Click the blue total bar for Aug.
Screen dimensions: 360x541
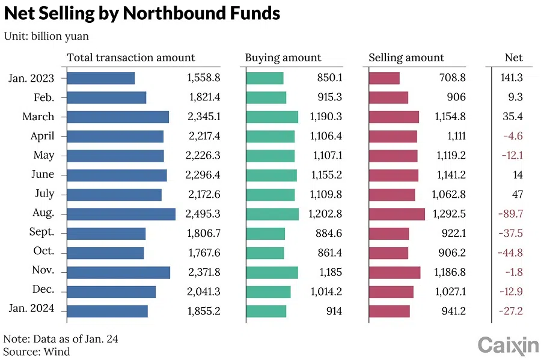click(x=121, y=213)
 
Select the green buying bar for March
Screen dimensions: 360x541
click(x=272, y=117)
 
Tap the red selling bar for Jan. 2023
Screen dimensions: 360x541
click(x=384, y=78)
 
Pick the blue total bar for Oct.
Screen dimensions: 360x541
click(x=105, y=252)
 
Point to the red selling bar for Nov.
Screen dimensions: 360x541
click(x=394, y=272)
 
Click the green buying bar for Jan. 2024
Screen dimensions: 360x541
click(x=266, y=311)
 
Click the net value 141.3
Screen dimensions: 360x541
click(x=512, y=78)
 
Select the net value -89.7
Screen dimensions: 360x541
click(x=510, y=213)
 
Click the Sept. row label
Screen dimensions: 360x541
click(x=41, y=232)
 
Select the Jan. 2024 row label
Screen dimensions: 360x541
click(x=32, y=309)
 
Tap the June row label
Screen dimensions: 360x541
click(x=43, y=174)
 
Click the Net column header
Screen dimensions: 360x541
click(x=514, y=58)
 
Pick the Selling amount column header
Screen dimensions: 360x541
click(x=406, y=58)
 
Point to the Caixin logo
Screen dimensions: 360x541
click(x=508, y=345)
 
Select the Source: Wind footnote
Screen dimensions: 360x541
click(x=37, y=352)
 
